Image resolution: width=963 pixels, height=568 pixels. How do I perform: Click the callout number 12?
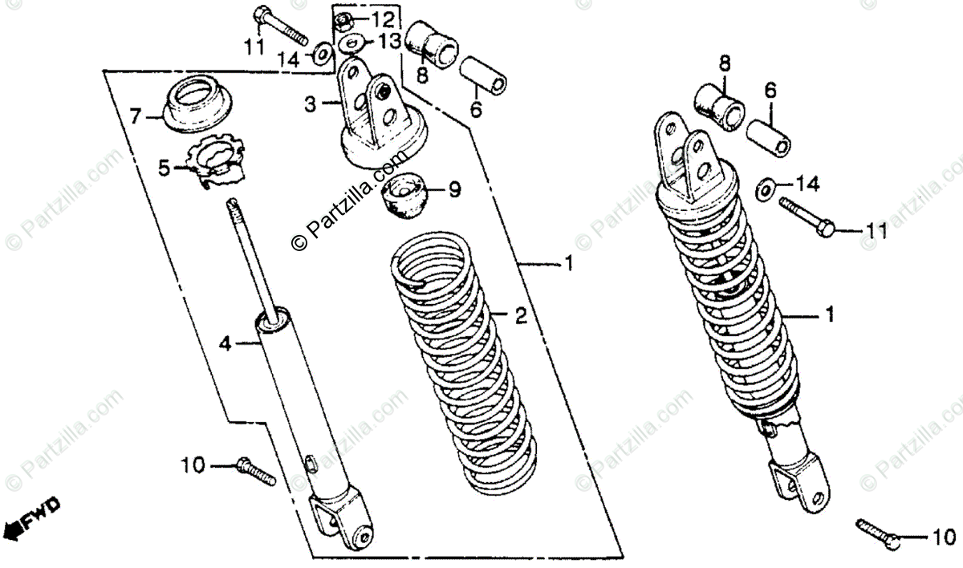pyautogui.click(x=383, y=18)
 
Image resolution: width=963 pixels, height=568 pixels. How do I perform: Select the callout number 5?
pyautogui.click(x=164, y=168)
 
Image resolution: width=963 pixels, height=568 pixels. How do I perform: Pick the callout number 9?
pyautogui.click(x=454, y=190)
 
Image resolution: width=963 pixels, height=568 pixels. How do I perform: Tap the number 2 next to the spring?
pyautogui.click(x=520, y=316)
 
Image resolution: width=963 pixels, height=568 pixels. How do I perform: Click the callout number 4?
pyautogui.click(x=226, y=344)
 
